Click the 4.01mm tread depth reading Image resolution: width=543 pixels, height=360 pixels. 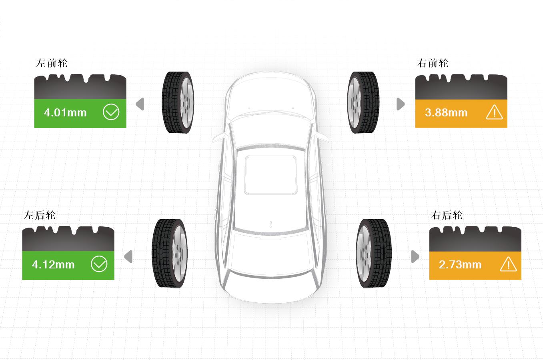(65, 113)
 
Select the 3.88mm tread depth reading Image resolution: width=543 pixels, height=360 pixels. (446, 113)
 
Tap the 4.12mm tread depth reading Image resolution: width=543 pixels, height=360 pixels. (53, 264)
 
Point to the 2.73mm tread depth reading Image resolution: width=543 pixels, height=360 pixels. (460, 264)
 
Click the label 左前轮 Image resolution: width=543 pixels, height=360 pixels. (52, 63)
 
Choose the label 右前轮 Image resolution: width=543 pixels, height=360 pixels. (433, 63)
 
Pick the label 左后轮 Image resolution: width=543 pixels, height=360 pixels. (40, 215)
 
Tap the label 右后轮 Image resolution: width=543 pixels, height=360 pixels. (447, 215)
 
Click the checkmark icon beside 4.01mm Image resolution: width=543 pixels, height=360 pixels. (111, 112)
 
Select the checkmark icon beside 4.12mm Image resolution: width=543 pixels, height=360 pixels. (99, 264)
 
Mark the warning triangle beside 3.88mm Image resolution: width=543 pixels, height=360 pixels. (495, 112)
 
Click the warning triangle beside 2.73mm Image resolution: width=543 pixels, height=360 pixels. (509, 264)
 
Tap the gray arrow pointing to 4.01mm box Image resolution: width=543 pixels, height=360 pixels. (140, 104)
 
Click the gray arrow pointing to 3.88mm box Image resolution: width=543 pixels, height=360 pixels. (401, 104)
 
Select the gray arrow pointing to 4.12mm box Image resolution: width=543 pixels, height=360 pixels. (128, 256)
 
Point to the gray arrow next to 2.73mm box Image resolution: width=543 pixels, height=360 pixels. (415, 256)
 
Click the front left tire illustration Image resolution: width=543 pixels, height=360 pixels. (178, 102)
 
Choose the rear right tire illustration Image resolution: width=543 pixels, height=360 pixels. (374, 254)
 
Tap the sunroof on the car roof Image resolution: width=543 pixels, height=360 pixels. (270, 175)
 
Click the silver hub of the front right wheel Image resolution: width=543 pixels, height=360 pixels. (354, 103)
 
